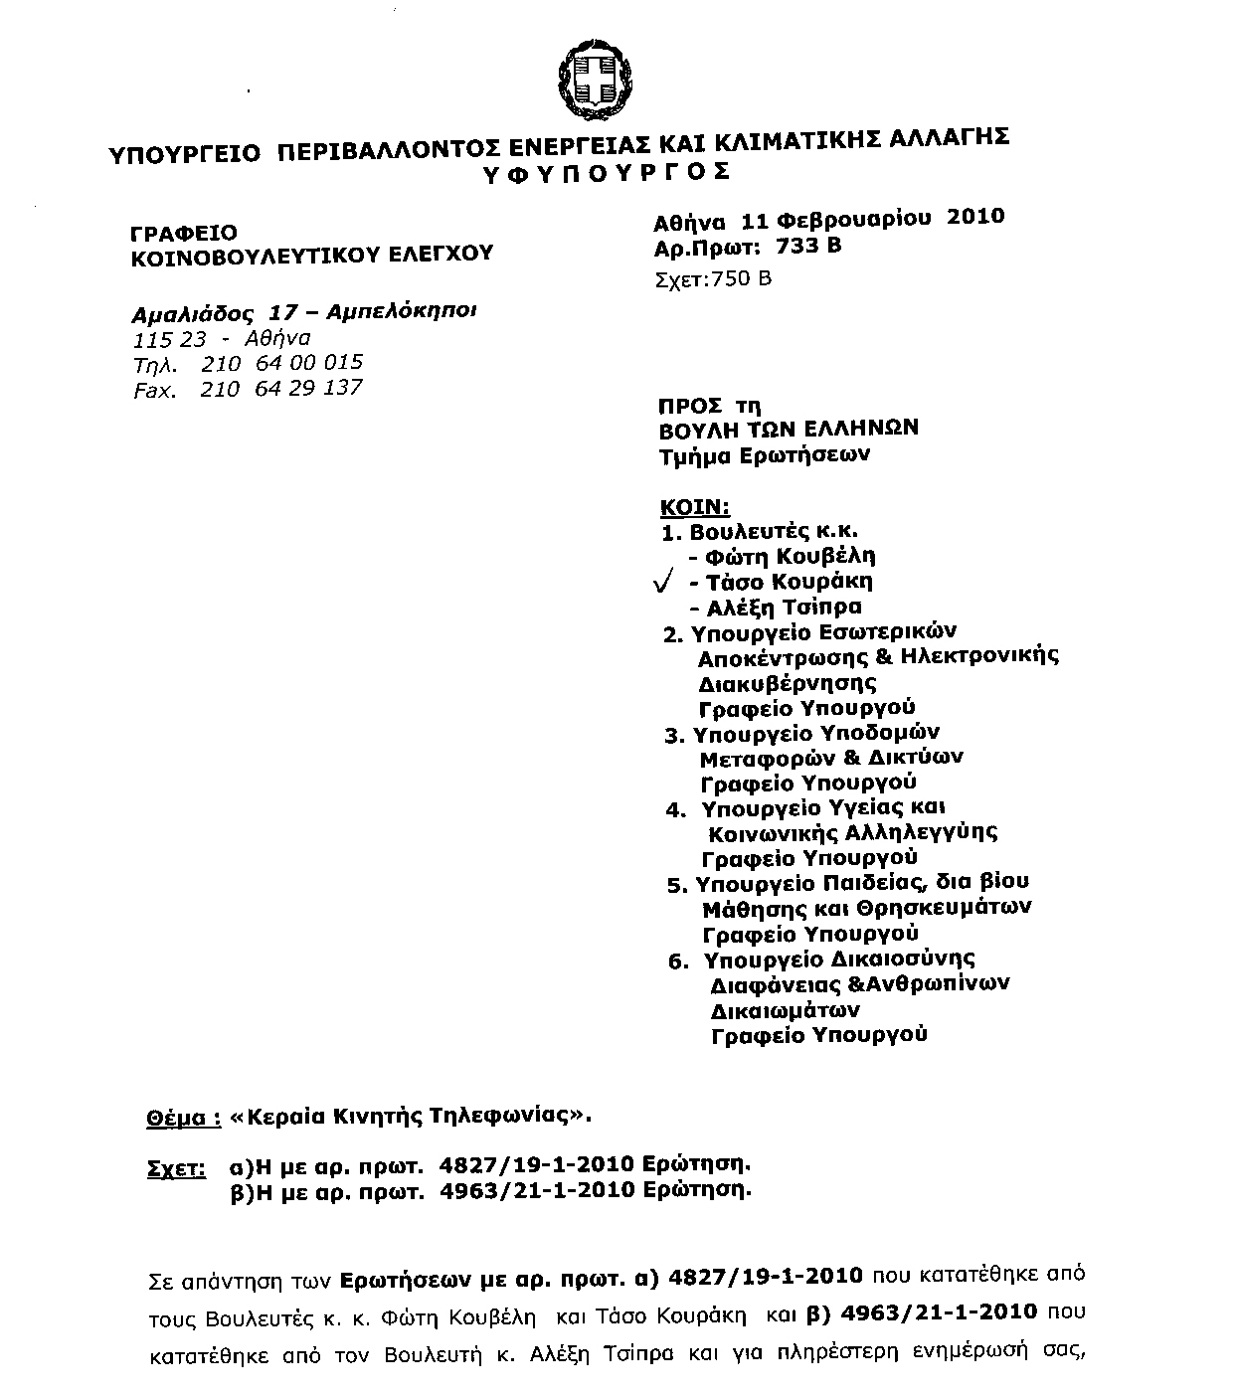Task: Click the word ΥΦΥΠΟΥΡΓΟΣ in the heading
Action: [606, 172]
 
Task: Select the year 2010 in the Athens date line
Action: [975, 217]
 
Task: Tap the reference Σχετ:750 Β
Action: [714, 278]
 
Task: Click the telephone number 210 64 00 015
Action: [281, 363]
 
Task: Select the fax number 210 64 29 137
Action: [280, 388]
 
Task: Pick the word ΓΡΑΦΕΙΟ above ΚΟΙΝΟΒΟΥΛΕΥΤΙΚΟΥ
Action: [184, 234]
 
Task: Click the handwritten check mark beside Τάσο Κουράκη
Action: [665, 582]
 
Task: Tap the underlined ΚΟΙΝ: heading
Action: [695, 507]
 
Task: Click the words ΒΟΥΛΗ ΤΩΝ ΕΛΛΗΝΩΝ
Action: [789, 430]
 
